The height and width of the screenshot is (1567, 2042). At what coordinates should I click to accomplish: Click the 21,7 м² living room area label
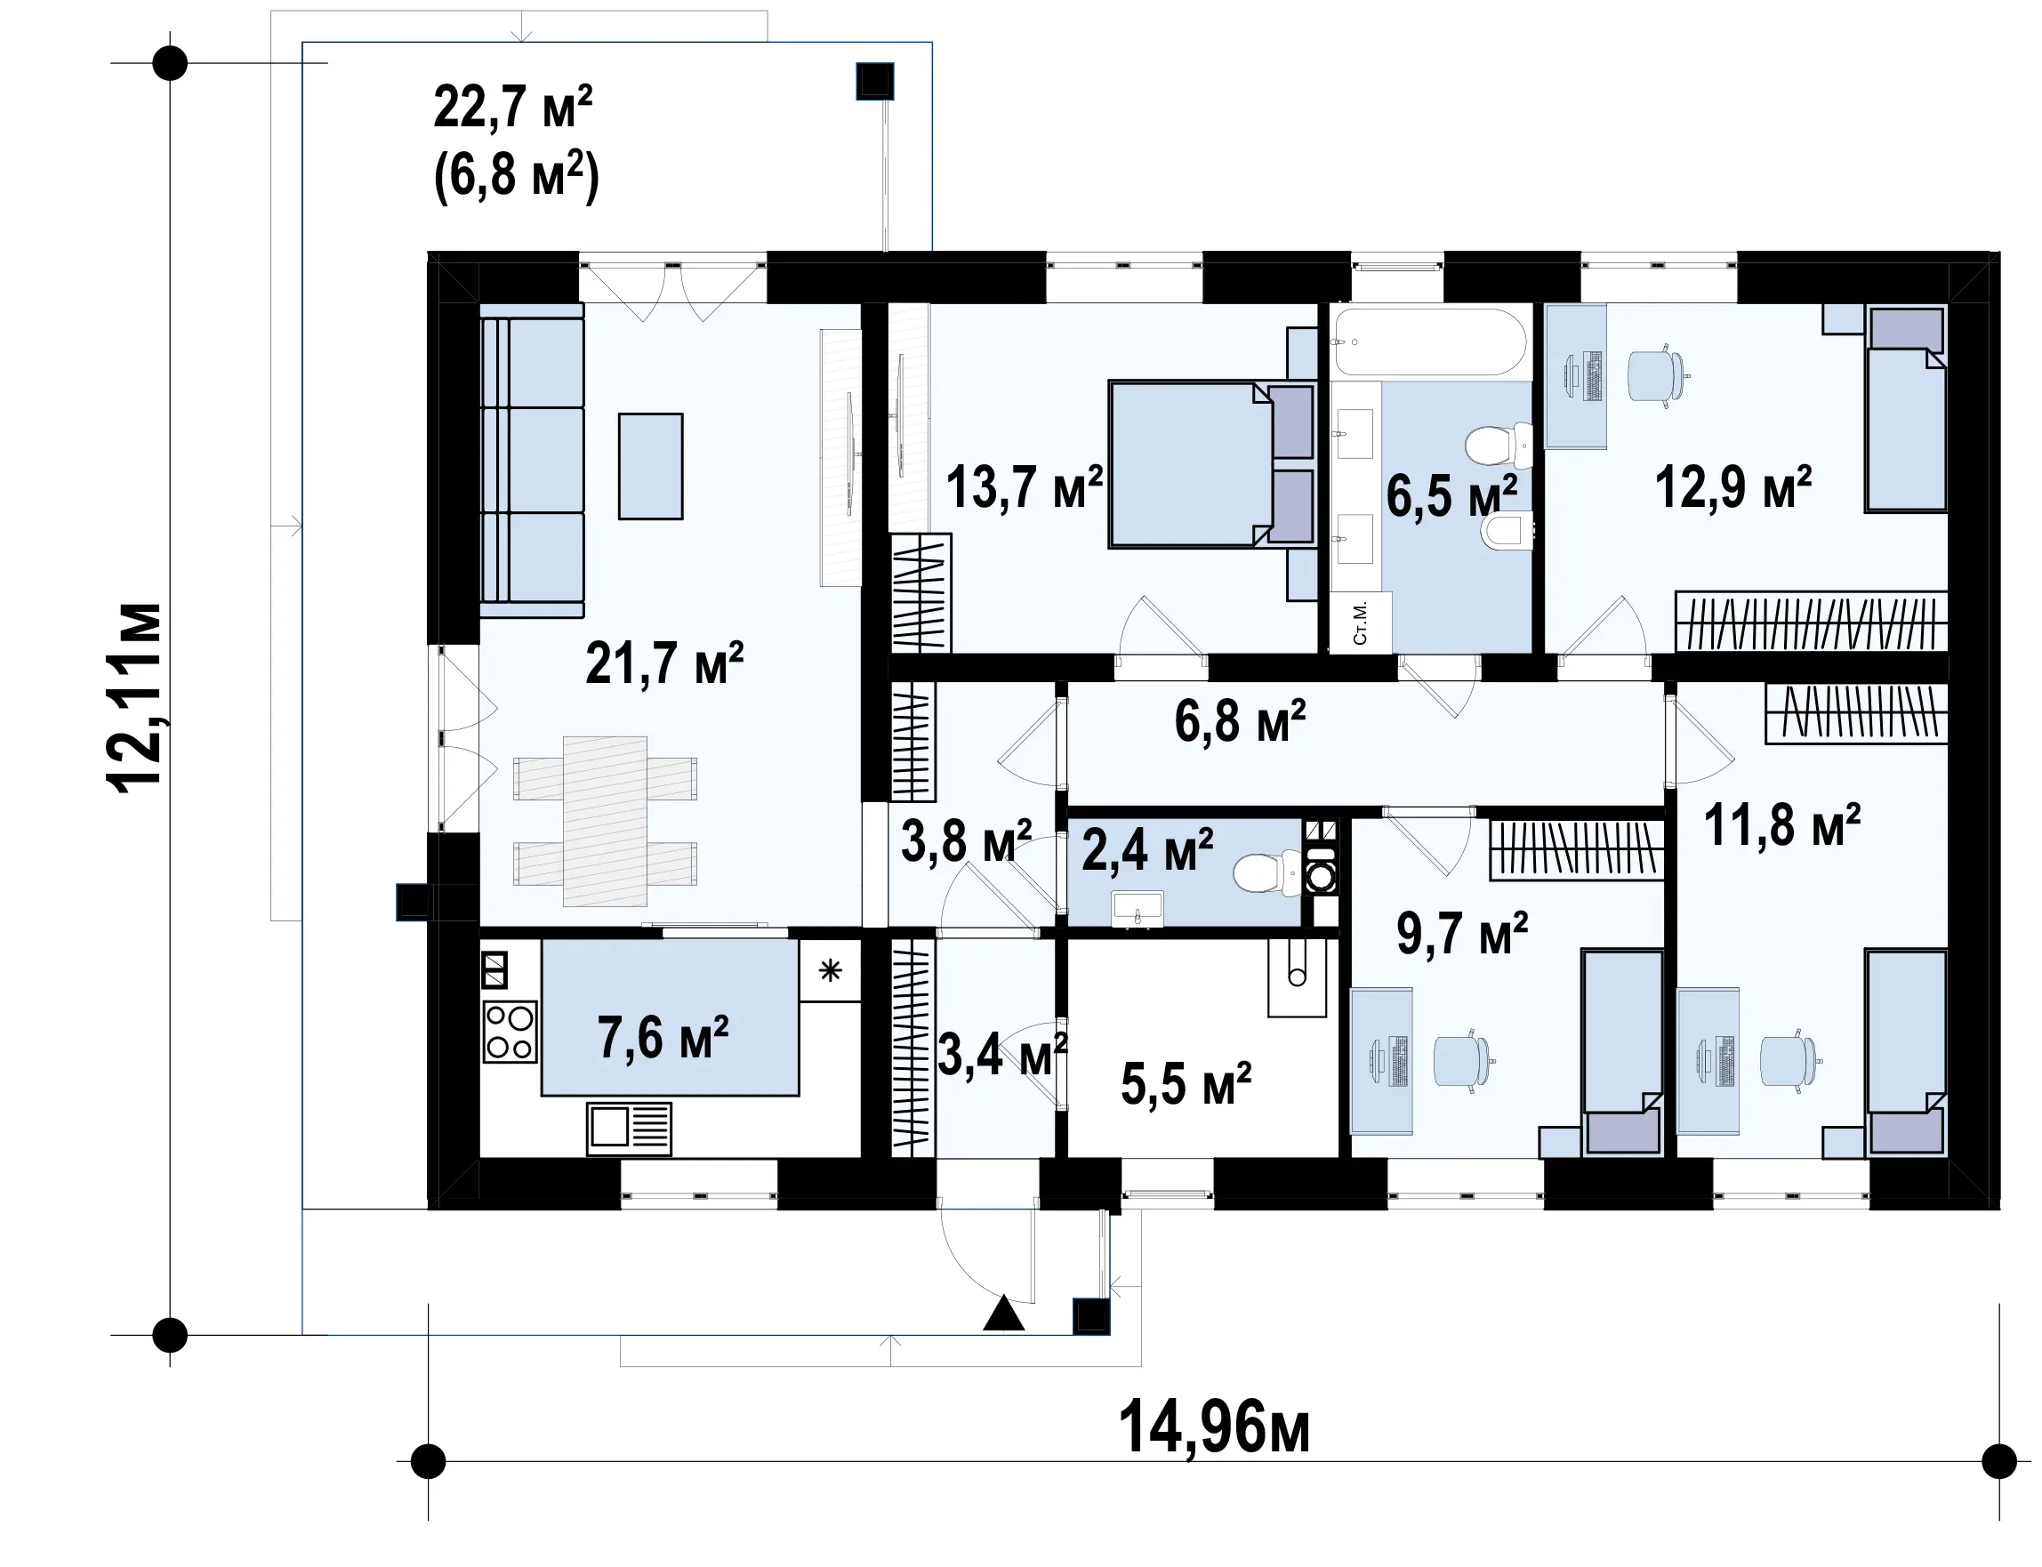click(664, 663)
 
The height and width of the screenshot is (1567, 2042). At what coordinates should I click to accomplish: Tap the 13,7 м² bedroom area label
click(1025, 486)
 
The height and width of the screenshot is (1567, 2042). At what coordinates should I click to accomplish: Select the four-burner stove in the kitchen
click(510, 1032)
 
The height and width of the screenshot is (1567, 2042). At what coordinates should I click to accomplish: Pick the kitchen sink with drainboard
click(629, 1129)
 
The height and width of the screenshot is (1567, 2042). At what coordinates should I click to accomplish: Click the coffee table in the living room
click(650, 466)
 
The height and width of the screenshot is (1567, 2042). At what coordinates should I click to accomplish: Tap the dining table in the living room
click(605, 821)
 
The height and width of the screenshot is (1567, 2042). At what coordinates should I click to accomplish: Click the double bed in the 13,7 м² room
click(1210, 463)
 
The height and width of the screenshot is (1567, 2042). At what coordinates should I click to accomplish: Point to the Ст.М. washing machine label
click(1359, 623)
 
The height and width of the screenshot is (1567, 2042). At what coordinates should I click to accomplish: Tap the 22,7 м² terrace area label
click(513, 108)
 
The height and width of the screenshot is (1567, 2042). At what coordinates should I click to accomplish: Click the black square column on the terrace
click(875, 82)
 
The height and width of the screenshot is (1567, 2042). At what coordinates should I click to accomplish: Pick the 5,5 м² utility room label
click(1186, 1084)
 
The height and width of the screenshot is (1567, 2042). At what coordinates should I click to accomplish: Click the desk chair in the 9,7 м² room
click(1463, 1062)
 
